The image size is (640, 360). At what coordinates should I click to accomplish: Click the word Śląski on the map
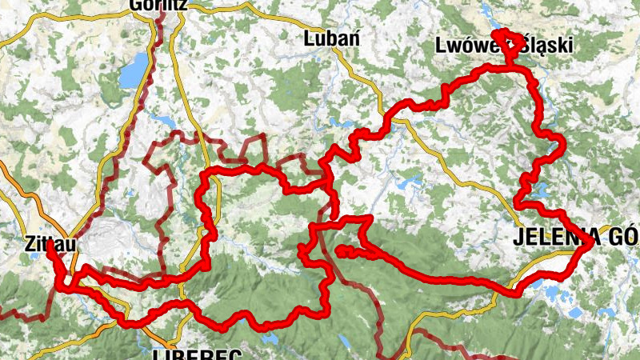pos(547,46)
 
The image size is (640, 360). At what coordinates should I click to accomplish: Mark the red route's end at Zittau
pos(50,245)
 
